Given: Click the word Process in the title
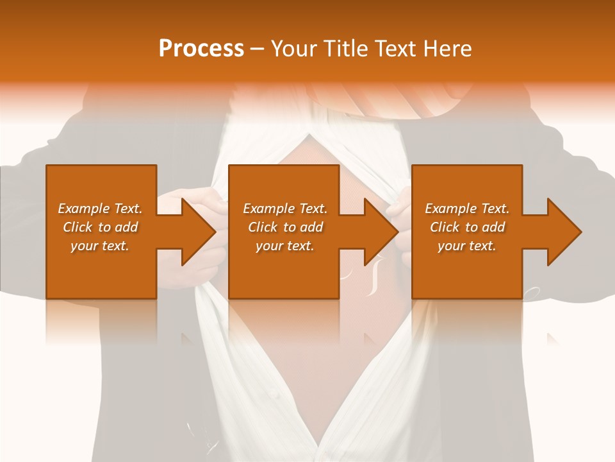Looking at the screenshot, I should tap(201, 49).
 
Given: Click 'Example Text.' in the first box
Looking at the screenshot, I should tap(100, 209).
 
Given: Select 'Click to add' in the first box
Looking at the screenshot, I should tap(100, 227).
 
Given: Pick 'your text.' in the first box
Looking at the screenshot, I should tap(100, 246).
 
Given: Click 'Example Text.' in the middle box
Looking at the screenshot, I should tap(285, 209).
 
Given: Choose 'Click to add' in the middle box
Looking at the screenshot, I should tap(285, 227).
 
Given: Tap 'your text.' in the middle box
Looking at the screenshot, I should tap(285, 246).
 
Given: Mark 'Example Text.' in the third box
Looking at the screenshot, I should tap(467, 209).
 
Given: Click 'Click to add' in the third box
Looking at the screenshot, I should tap(467, 227).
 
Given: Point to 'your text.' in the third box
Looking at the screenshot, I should tap(467, 246).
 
